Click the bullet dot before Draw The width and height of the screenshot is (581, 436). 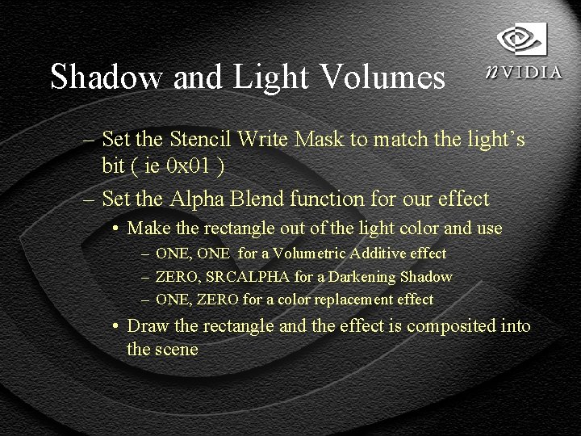pyautogui.click(x=117, y=326)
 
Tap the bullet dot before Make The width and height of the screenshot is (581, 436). pyautogui.click(x=117, y=228)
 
